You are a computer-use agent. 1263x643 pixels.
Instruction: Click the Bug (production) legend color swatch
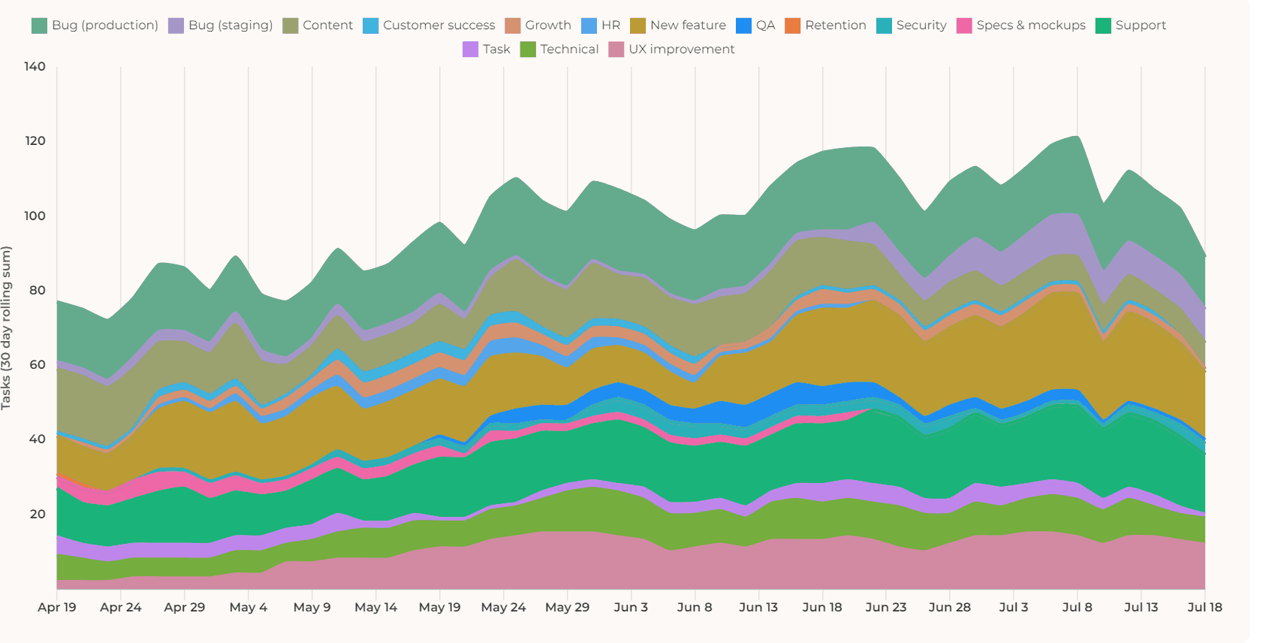click(x=39, y=26)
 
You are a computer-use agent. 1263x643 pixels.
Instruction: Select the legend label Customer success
click(x=439, y=26)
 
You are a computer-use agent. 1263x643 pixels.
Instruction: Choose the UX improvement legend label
click(x=681, y=50)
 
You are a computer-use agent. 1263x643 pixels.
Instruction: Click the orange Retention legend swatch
click(x=792, y=26)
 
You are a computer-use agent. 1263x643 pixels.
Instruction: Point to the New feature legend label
click(x=688, y=26)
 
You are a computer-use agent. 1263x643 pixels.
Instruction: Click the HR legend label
click(x=610, y=26)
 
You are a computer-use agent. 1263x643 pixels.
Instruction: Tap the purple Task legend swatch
click(x=470, y=50)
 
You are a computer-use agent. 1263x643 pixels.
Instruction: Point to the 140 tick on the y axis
click(x=35, y=66)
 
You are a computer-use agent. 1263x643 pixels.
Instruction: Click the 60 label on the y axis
click(x=38, y=365)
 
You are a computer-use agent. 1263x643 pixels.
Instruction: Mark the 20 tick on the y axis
click(x=38, y=514)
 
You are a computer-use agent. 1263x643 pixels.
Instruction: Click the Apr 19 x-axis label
click(x=57, y=607)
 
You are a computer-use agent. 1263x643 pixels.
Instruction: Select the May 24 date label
click(x=503, y=607)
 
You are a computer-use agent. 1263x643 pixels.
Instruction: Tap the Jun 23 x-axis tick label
click(x=886, y=607)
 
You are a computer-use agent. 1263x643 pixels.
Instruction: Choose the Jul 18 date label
click(x=1204, y=607)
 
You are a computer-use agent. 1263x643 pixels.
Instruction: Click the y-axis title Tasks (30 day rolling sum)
click(x=7, y=328)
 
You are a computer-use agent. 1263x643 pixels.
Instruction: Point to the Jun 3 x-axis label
click(x=631, y=607)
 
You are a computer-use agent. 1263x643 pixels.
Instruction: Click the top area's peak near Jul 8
click(x=1077, y=137)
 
